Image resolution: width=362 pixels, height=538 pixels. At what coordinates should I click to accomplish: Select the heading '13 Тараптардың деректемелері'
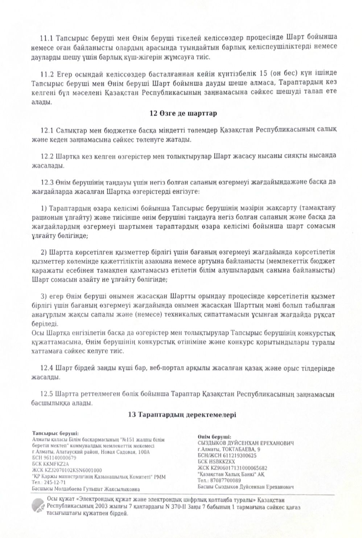click(182, 415)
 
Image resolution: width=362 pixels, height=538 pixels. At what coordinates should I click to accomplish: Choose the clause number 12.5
click(47, 394)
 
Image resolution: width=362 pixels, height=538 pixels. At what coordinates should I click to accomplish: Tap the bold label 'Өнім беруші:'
click(214, 437)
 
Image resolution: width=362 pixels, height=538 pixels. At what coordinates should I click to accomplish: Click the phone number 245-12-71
click(55, 482)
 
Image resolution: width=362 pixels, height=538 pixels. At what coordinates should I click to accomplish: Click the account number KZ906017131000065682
click(238, 468)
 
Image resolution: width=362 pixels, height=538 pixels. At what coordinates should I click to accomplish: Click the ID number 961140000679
click(60, 458)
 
